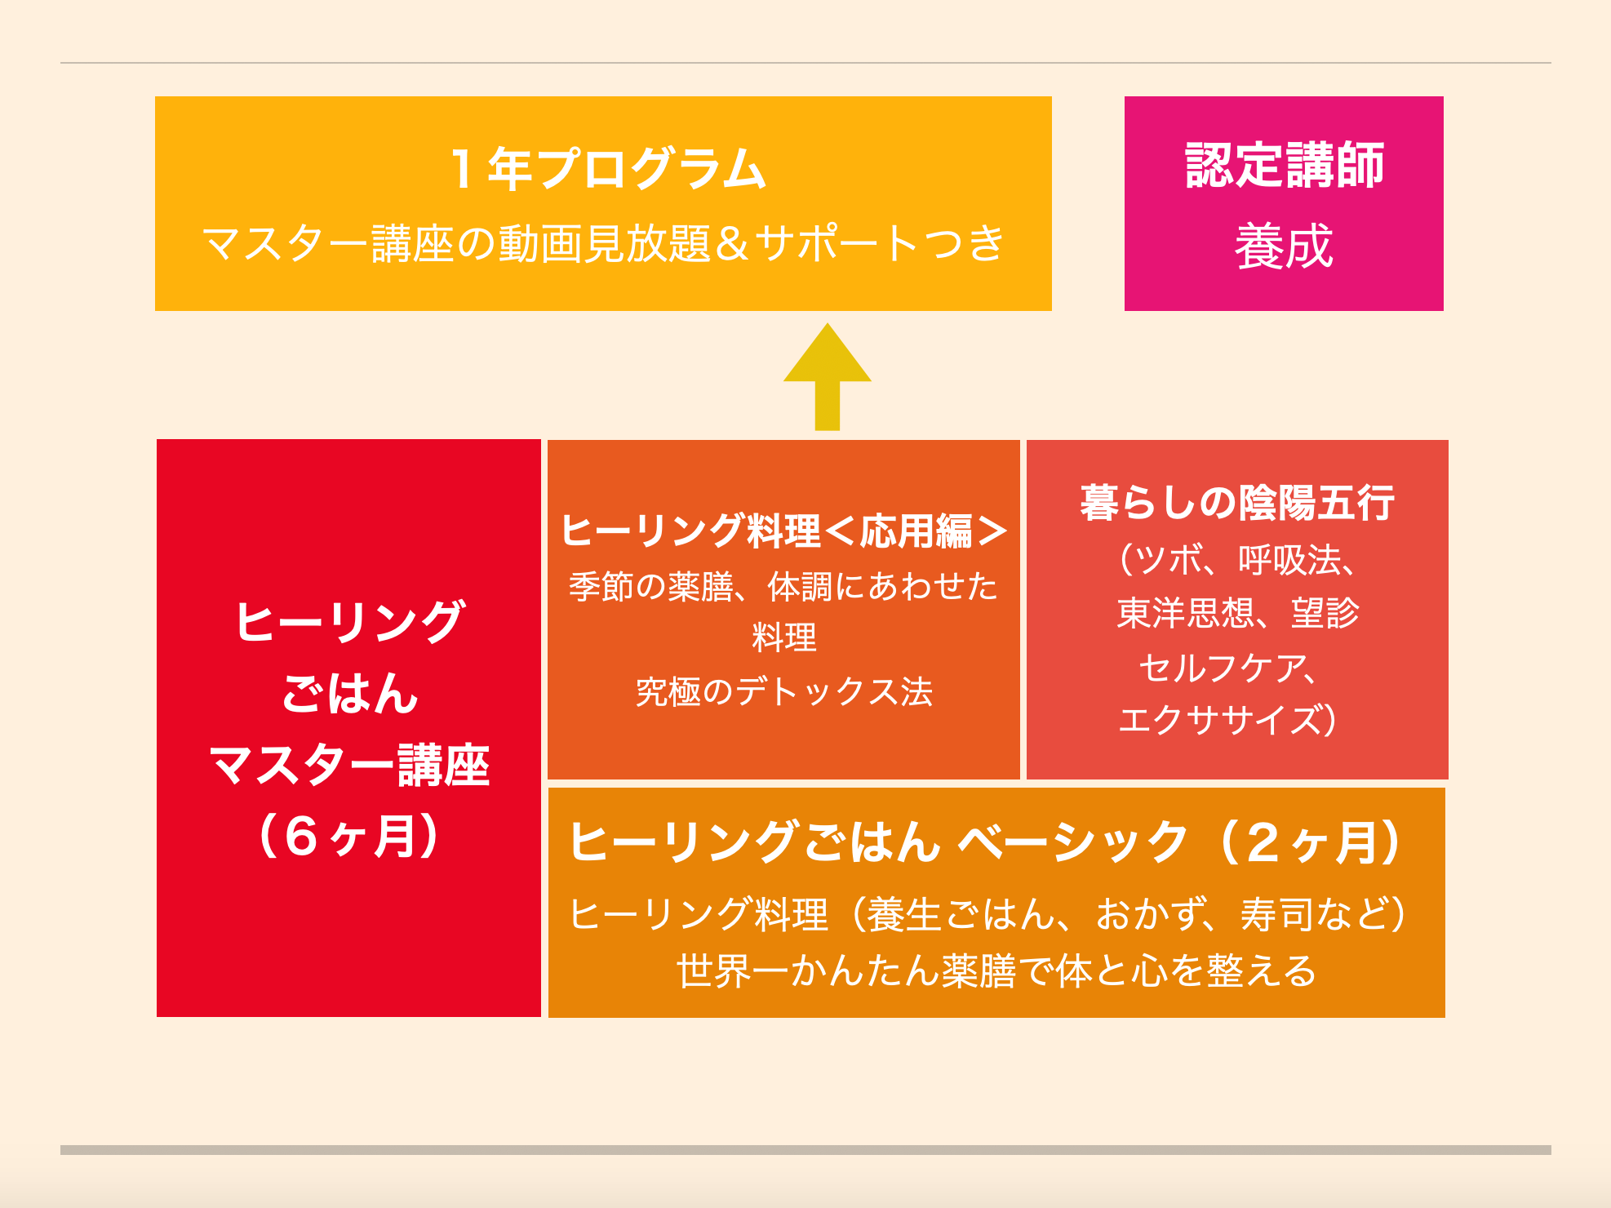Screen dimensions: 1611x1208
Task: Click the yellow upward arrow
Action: (828, 377)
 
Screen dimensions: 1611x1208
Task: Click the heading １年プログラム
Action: (607, 168)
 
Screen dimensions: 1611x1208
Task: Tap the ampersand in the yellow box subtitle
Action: (732, 243)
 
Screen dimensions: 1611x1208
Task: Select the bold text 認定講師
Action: (1285, 165)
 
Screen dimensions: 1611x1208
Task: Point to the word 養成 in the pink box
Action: (1284, 246)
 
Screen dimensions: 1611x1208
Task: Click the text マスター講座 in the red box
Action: (350, 766)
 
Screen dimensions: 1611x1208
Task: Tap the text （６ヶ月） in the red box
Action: (349, 837)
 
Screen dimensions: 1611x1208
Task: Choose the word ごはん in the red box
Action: (350, 694)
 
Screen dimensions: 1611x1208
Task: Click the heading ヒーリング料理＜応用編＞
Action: (783, 531)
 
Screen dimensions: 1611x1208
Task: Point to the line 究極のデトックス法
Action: (783, 692)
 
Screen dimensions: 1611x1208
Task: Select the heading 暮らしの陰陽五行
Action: (1237, 502)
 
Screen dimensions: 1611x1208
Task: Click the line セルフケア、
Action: (1229, 668)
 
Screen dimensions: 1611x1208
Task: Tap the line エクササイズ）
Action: (1229, 721)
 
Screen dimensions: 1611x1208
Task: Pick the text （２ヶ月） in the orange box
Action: (1309, 842)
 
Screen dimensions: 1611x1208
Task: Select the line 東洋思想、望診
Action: (1237, 613)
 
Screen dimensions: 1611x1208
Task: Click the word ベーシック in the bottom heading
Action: (1072, 842)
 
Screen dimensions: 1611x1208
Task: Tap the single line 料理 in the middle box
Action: (783, 637)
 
